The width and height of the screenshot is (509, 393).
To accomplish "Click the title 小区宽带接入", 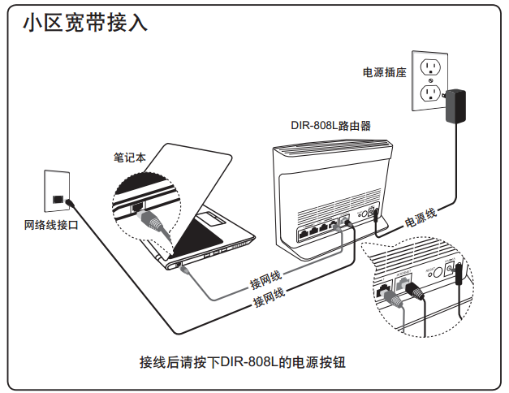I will coord(85,23).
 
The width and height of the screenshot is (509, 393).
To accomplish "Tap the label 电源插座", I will coord(385,72).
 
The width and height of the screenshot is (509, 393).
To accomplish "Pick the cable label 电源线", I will coord(421,217).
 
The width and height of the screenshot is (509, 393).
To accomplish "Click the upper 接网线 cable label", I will coord(265,280).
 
